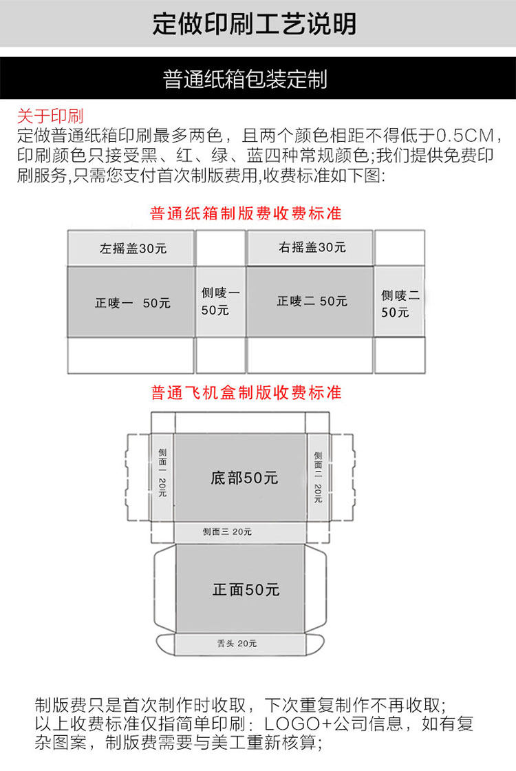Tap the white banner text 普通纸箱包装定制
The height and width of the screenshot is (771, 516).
click(x=246, y=78)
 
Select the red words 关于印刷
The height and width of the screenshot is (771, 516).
click(x=50, y=115)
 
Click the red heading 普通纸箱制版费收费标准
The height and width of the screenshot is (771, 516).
click(x=246, y=213)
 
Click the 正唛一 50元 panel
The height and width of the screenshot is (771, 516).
click(x=132, y=303)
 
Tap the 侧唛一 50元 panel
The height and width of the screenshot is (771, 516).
click(x=220, y=302)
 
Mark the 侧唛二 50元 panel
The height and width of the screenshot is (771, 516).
click(x=400, y=304)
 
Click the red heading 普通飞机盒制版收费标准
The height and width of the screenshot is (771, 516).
click(x=246, y=393)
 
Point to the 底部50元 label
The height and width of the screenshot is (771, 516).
click(x=244, y=478)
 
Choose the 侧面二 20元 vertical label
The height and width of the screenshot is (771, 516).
click(x=318, y=476)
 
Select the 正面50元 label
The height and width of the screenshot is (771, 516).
click(x=246, y=589)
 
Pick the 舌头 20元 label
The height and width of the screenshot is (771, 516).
click(x=237, y=644)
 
